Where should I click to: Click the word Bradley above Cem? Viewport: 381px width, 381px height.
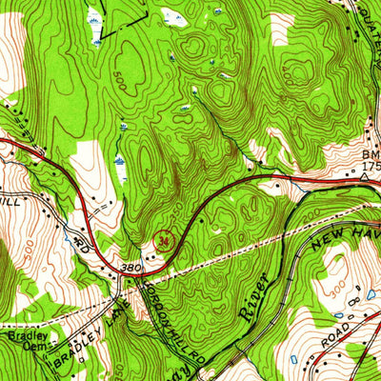tap(21, 336)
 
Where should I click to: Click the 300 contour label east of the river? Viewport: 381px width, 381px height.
tap(334, 287)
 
